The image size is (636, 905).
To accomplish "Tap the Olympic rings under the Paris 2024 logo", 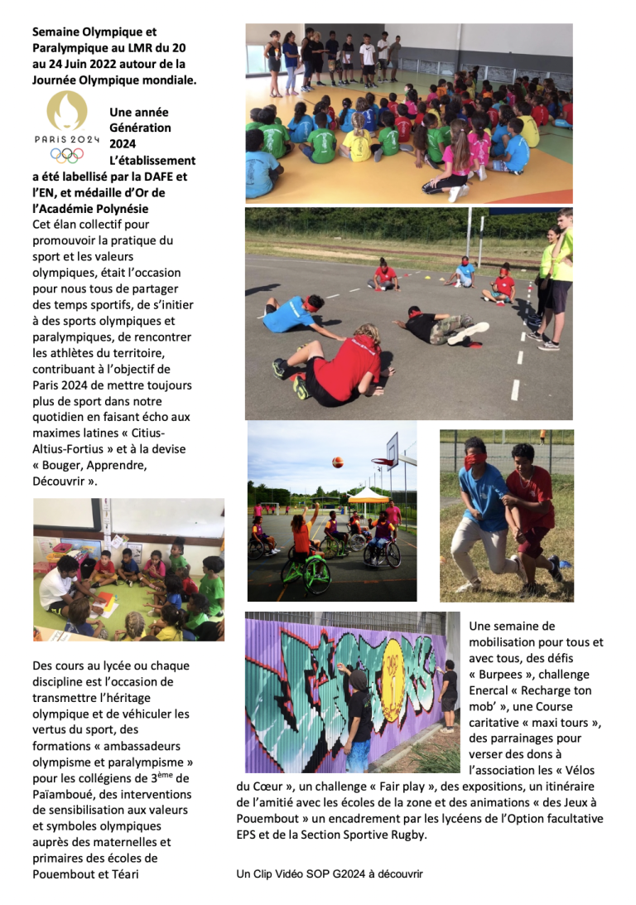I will tap(67, 154).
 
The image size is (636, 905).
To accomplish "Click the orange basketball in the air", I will tap(337, 461).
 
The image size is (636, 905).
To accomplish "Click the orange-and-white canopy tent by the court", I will tap(369, 495).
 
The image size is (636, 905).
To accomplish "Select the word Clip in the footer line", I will tap(267, 874).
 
